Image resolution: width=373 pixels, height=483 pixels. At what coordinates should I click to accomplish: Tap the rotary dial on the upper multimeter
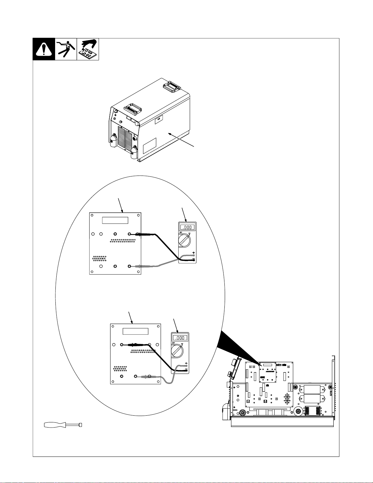pyautogui.click(x=184, y=241)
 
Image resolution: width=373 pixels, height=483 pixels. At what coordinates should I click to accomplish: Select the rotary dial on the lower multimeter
pyautogui.click(x=177, y=351)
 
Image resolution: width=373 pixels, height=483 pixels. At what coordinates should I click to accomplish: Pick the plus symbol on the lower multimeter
pyautogui.click(x=186, y=363)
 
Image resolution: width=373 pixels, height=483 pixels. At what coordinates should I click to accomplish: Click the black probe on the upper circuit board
pyautogui.click(x=142, y=234)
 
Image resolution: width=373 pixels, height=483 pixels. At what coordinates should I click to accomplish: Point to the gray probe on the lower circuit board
pyautogui.click(x=149, y=377)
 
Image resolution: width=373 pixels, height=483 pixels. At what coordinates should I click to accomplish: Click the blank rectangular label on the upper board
pyautogui.click(x=115, y=220)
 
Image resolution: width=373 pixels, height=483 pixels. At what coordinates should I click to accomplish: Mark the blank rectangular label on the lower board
pyautogui.click(x=135, y=331)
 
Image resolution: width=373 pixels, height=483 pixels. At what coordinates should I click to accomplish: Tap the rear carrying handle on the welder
pyautogui.click(x=172, y=86)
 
